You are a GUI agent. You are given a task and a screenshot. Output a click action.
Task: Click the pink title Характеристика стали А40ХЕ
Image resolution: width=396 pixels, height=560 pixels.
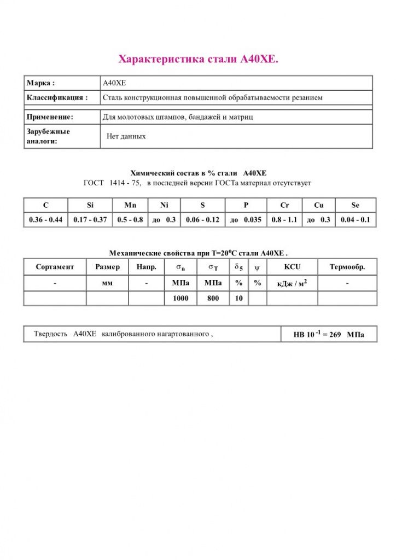pyautogui.click(x=199, y=59)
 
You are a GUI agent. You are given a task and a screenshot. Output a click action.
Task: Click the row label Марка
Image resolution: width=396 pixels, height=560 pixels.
pyautogui.click(x=41, y=83)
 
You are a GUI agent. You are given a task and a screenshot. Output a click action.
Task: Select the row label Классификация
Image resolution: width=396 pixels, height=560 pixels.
pyautogui.click(x=57, y=97)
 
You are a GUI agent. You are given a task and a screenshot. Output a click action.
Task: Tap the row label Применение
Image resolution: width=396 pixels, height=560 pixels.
pyautogui.click(x=50, y=117)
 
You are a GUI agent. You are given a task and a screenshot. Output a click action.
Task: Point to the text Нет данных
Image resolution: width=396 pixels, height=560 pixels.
pyautogui.click(x=126, y=136)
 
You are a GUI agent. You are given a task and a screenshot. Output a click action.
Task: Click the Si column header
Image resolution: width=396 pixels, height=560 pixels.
pyautogui.click(x=90, y=205)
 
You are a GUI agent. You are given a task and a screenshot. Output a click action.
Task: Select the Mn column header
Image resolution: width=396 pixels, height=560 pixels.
pyautogui.click(x=130, y=205)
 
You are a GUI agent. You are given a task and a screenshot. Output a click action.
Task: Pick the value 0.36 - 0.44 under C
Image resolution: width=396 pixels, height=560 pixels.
pyautogui.click(x=46, y=220)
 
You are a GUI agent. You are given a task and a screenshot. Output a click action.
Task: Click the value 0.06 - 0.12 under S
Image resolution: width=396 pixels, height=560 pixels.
pyautogui.click(x=202, y=220)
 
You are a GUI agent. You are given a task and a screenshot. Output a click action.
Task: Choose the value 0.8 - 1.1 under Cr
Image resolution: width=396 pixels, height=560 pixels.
pyautogui.click(x=284, y=220)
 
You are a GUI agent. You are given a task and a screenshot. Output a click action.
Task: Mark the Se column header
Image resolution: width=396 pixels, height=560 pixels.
pyautogui.click(x=356, y=205)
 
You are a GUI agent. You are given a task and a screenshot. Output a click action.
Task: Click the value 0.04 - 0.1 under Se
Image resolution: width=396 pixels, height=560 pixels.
pyautogui.click(x=356, y=220)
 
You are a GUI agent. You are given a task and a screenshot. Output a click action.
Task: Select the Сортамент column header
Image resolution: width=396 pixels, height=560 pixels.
pyautogui.click(x=55, y=267)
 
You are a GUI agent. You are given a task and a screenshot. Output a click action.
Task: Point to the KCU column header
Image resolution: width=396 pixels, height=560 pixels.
pyautogui.click(x=292, y=267)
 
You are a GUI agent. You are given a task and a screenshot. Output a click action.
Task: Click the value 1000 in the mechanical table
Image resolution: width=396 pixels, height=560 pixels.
pyautogui.click(x=180, y=299)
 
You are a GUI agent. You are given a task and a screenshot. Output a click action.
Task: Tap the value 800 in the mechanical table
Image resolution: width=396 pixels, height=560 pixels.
pyautogui.click(x=213, y=299)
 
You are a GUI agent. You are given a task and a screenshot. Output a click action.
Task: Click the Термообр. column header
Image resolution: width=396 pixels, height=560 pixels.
pyautogui.click(x=347, y=267)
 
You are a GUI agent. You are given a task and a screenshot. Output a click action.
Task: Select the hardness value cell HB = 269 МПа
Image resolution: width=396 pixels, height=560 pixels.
pyautogui.click(x=329, y=334)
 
